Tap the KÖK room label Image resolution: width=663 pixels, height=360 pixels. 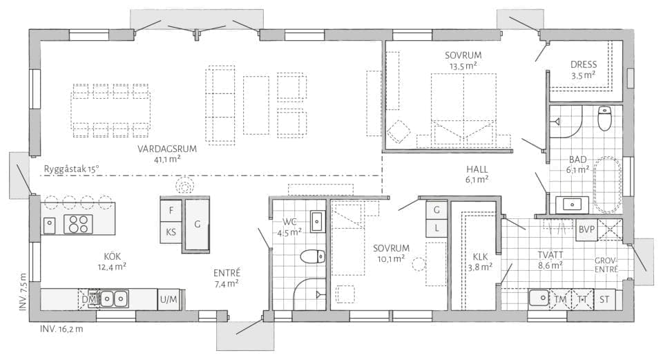coord(113,256)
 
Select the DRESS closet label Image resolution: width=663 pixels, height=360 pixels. coord(584,65)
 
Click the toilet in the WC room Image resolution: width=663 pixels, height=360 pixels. coord(313,256)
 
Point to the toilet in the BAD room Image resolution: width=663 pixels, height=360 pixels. coord(605,118)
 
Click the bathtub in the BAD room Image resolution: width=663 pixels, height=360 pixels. coord(608,185)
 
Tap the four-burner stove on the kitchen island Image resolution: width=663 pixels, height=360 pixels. coord(78,224)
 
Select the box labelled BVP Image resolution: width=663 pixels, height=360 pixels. coord(586,229)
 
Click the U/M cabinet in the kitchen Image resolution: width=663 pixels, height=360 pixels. coord(169,300)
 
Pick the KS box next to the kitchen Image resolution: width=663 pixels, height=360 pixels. coord(171,232)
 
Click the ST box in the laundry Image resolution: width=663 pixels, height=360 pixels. coord(605,299)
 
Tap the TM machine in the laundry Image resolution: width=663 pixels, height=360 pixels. coord(560,299)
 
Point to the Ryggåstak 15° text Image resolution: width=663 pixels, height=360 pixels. coord(71,169)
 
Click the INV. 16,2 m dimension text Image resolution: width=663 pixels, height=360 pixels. coord(61,329)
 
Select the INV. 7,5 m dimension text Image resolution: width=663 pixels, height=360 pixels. coord(23,292)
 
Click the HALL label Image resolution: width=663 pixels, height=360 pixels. coord(477,169)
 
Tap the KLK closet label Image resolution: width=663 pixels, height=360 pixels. coord(481,257)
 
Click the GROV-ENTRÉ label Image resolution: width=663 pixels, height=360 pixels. coord(606,265)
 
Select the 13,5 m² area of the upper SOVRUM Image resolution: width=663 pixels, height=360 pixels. coord(463,66)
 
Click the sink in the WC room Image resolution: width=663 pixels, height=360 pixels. coord(317,221)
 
